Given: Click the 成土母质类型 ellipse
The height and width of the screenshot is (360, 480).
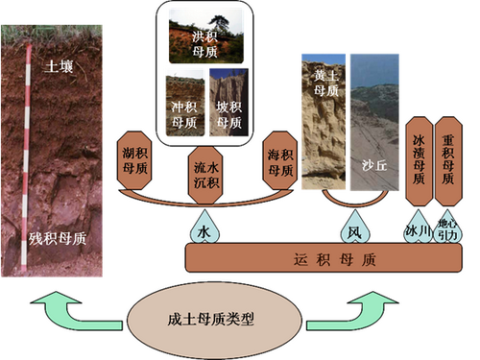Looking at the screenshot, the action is pos(214,320).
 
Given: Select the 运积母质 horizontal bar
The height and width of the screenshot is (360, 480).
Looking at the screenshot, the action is pos(324,258).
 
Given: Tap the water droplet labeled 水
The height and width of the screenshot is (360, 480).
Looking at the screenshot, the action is pos(204,228).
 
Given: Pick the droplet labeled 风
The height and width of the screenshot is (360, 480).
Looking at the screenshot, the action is pos(355,228).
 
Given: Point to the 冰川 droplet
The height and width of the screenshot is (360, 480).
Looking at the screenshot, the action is pos(418,228).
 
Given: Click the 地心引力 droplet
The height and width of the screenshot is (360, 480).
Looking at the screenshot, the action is pos(447,228).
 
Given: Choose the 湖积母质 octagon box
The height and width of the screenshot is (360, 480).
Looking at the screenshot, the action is pos(134,160).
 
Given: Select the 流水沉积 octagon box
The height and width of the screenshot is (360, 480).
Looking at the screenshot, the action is pos(205,175).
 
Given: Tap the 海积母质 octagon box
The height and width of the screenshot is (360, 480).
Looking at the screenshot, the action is pos(280,160).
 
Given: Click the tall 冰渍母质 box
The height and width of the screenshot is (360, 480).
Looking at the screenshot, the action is pos(419,161).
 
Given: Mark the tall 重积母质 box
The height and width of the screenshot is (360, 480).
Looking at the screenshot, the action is pos(448,161).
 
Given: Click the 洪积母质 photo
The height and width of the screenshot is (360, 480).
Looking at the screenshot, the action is pos(205,36).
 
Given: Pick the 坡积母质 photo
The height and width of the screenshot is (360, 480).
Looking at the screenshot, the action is pos(228,103).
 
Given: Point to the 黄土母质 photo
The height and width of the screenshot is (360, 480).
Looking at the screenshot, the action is pos(324,122).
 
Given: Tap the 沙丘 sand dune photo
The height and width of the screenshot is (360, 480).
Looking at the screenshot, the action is pos(374,122).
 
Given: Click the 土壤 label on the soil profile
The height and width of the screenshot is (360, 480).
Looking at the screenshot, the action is pos(59,66).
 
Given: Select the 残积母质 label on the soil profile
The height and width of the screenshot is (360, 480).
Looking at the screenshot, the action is pos(58,239).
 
